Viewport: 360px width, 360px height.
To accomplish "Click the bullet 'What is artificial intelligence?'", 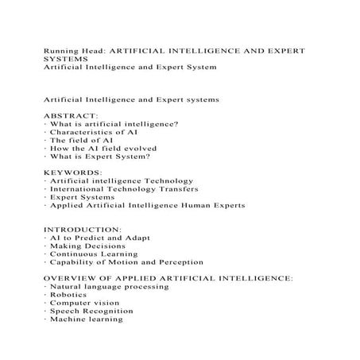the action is click(x=113, y=124).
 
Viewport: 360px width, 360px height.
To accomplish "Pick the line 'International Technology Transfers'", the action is click(x=123, y=189).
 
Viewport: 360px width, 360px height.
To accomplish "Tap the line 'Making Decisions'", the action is click(x=85, y=246).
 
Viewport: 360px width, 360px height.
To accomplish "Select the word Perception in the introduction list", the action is click(x=180, y=262).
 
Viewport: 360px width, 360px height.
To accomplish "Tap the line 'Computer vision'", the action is click(x=83, y=303).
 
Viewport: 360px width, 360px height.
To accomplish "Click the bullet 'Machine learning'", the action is click(x=86, y=319).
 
